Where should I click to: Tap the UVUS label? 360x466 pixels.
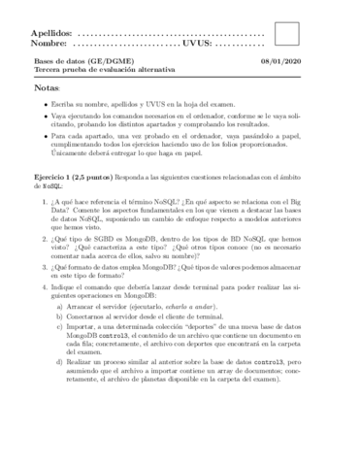(194, 45)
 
